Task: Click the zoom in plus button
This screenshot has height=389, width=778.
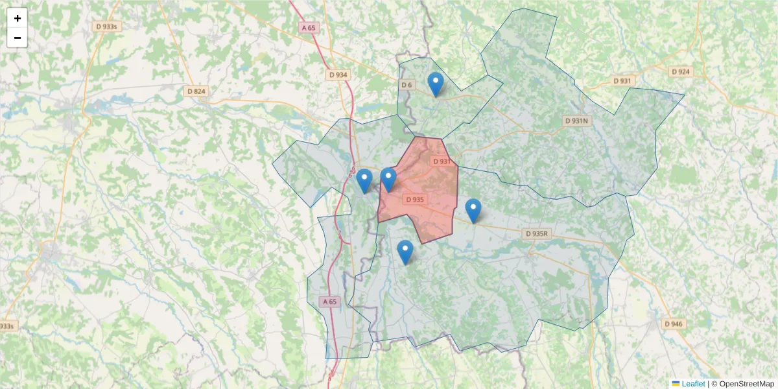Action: tap(17, 18)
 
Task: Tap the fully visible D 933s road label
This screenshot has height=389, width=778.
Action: tap(107, 27)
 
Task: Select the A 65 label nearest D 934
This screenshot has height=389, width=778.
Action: tap(309, 28)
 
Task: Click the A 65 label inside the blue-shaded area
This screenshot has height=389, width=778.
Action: tap(330, 301)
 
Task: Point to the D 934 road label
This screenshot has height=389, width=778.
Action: tap(338, 75)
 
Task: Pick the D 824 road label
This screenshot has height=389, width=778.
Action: tap(194, 91)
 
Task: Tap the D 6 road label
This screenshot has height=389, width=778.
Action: tap(407, 85)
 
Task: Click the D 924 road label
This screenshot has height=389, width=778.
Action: tap(680, 72)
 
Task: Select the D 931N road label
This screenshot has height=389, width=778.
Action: tap(576, 121)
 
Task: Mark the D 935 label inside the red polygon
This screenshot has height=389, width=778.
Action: tap(415, 200)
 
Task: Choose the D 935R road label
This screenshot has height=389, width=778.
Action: tap(537, 233)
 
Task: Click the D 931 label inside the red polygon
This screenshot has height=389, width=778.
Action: tap(441, 161)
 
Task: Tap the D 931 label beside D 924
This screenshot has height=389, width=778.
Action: tap(622, 81)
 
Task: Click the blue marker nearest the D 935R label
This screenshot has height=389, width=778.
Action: tap(473, 211)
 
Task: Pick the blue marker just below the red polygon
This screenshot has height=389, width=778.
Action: tap(405, 252)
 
